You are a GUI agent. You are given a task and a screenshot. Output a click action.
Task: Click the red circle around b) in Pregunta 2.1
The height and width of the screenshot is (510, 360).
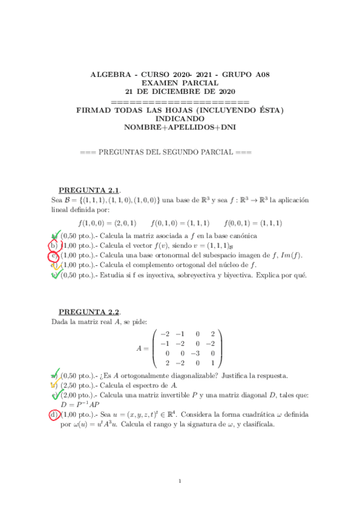53,245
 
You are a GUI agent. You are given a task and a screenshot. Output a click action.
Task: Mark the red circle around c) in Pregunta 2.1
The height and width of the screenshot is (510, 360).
53,256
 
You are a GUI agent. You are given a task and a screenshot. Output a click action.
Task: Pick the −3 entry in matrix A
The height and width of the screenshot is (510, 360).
197,353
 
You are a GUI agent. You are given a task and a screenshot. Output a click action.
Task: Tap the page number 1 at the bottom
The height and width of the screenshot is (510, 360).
180,481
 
